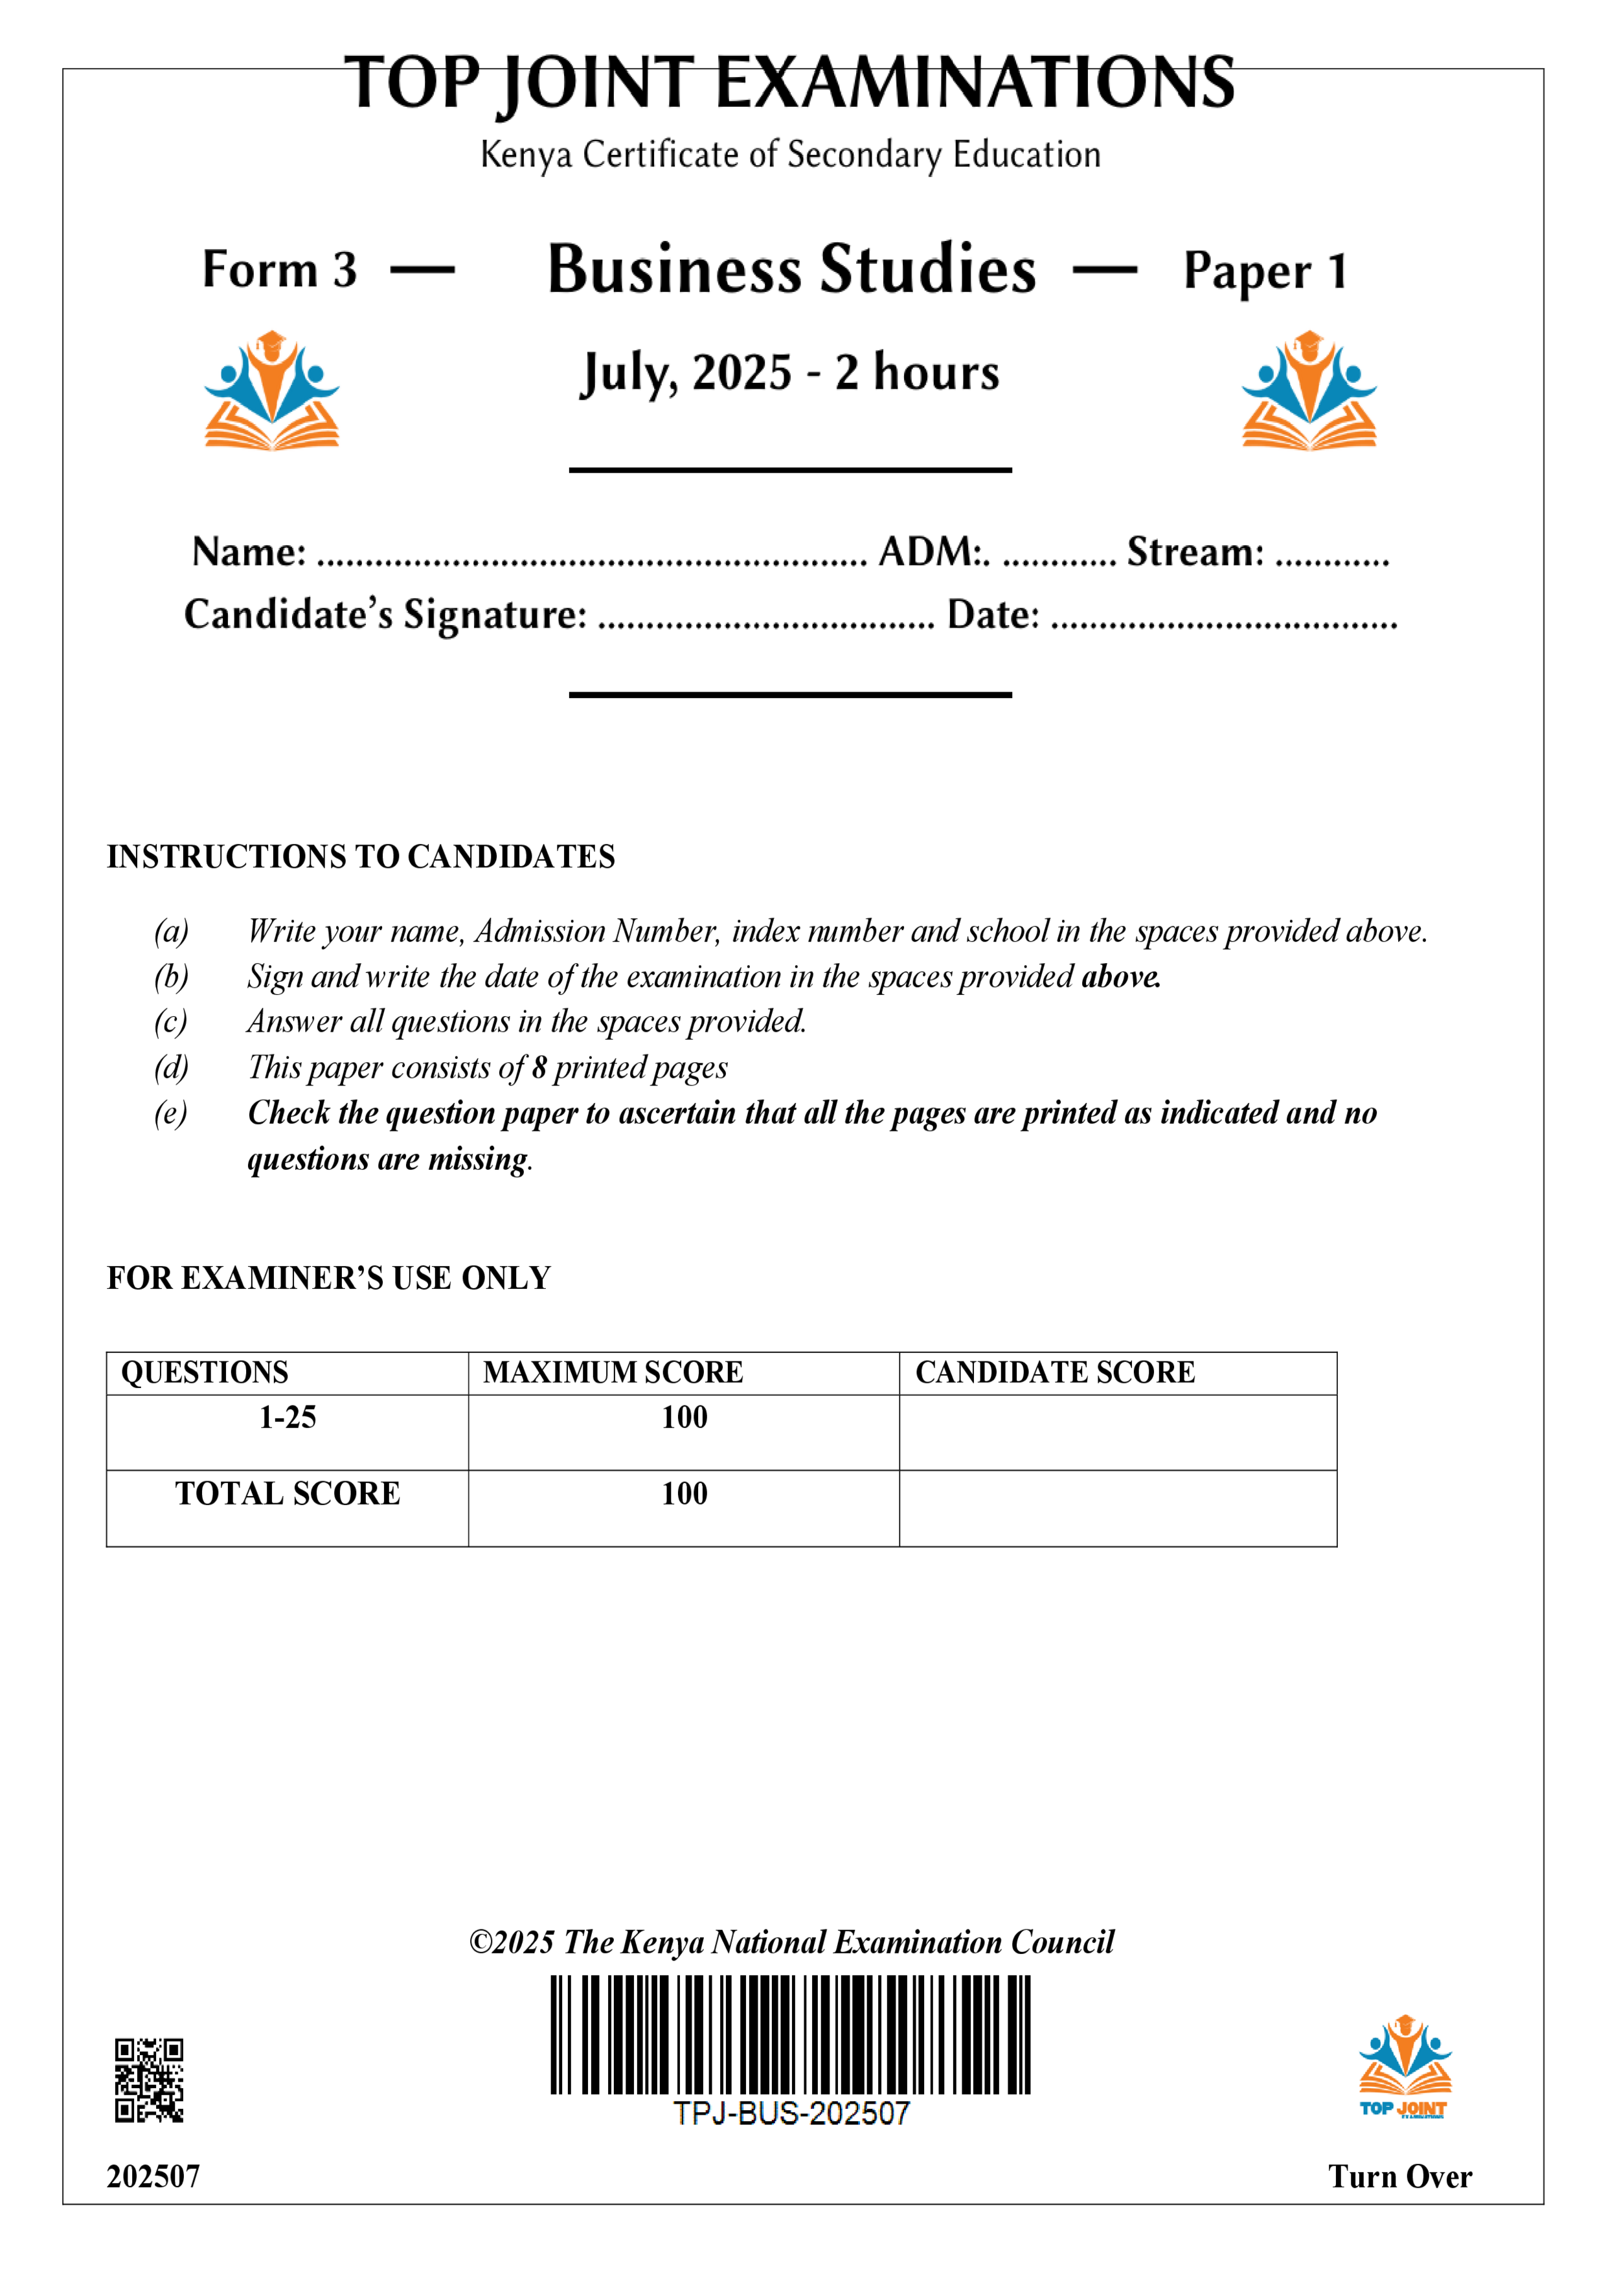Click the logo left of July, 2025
(x=271, y=391)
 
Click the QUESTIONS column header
(x=205, y=1372)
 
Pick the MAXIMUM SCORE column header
(x=613, y=1372)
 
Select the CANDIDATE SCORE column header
(x=1055, y=1372)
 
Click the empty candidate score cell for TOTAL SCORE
(x=1117, y=1508)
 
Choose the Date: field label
(x=993, y=615)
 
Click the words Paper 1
(x=1265, y=271)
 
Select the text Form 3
(x=279, y=270)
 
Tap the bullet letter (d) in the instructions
(x=170, y=1068)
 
